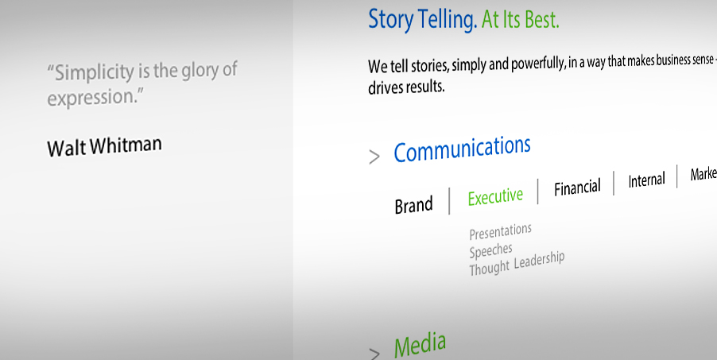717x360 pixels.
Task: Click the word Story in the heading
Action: (390, 20)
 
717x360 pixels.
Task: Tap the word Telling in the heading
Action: (448, 20)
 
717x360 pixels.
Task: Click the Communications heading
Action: (462, 149)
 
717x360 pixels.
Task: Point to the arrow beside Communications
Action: (374, 157)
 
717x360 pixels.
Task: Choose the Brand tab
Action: (413, 205)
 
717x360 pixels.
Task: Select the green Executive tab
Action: (495, 197)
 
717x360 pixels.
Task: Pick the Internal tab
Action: (646, 180)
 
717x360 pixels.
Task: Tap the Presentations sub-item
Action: (500, 231)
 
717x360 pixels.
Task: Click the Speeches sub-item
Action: (490, 251)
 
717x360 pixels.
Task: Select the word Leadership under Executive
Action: (539, 261)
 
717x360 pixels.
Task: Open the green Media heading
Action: (420, 346)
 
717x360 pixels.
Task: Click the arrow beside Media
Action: (374, 354)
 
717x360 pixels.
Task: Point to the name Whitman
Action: (126, 145)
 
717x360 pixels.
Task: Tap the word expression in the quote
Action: (91, 98)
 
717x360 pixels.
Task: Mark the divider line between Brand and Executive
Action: (449, 201)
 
